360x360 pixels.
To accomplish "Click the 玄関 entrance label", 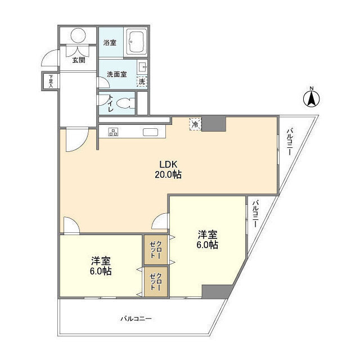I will click(x=78, y=61).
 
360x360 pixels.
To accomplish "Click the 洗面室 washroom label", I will click(x=117, y=74).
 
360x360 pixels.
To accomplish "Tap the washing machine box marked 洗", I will click(x=142, y=81).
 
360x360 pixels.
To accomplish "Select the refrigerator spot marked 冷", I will click(x=195, y=124).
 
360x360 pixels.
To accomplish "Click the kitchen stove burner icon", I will click(x=113, y=132).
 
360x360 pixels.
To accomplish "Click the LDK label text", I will click(x=168, y=164).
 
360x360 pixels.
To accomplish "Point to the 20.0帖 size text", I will click(x=168, y=174).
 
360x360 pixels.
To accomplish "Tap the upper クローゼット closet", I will click(x=155, y=249).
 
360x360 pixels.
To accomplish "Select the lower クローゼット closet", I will click(x=155, y=281).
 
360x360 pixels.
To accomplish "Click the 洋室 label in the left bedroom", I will click(x=101, y=261).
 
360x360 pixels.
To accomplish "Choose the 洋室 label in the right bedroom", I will click(x=207, y=235).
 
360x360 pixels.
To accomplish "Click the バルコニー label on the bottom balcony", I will click(x=136, y=319).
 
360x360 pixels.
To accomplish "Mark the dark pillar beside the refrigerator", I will click(x=214, y=124).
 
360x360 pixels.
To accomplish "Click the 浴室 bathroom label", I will click(x=110, y=42).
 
